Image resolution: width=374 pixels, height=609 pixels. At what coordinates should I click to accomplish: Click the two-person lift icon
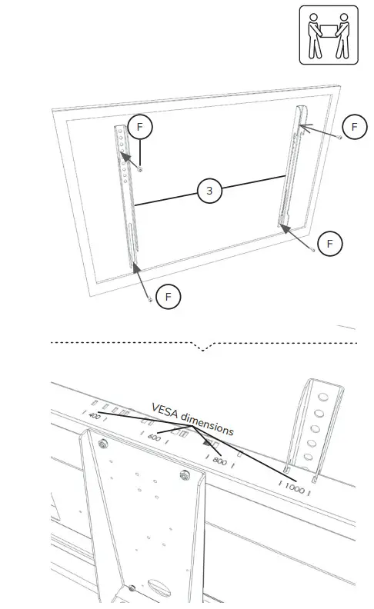(329, 35)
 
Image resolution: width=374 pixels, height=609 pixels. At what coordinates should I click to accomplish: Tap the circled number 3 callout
(209, 191)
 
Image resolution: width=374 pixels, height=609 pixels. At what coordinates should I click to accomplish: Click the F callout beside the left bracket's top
(140, 128)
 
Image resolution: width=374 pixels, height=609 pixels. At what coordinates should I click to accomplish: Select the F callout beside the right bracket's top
(354, 127)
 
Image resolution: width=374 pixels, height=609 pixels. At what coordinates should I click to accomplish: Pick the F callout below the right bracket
(330, 244)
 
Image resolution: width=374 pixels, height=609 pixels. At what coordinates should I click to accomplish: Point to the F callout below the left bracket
(168, 295)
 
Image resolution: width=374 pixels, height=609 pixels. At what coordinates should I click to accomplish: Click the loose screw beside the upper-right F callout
(339, 136)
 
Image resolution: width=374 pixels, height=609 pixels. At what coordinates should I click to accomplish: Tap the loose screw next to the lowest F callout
(150, 300)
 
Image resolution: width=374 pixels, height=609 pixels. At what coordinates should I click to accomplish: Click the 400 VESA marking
(95, 416)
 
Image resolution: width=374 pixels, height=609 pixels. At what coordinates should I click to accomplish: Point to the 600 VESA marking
(154, 438)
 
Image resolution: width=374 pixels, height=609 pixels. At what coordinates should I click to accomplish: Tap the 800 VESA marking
(219, 461)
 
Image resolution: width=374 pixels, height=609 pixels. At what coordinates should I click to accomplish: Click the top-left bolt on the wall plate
(102, 444)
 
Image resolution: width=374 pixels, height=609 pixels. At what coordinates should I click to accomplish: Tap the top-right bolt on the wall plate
(183, 474)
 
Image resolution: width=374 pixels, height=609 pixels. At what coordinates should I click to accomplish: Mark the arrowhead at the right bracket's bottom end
(283, 227)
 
